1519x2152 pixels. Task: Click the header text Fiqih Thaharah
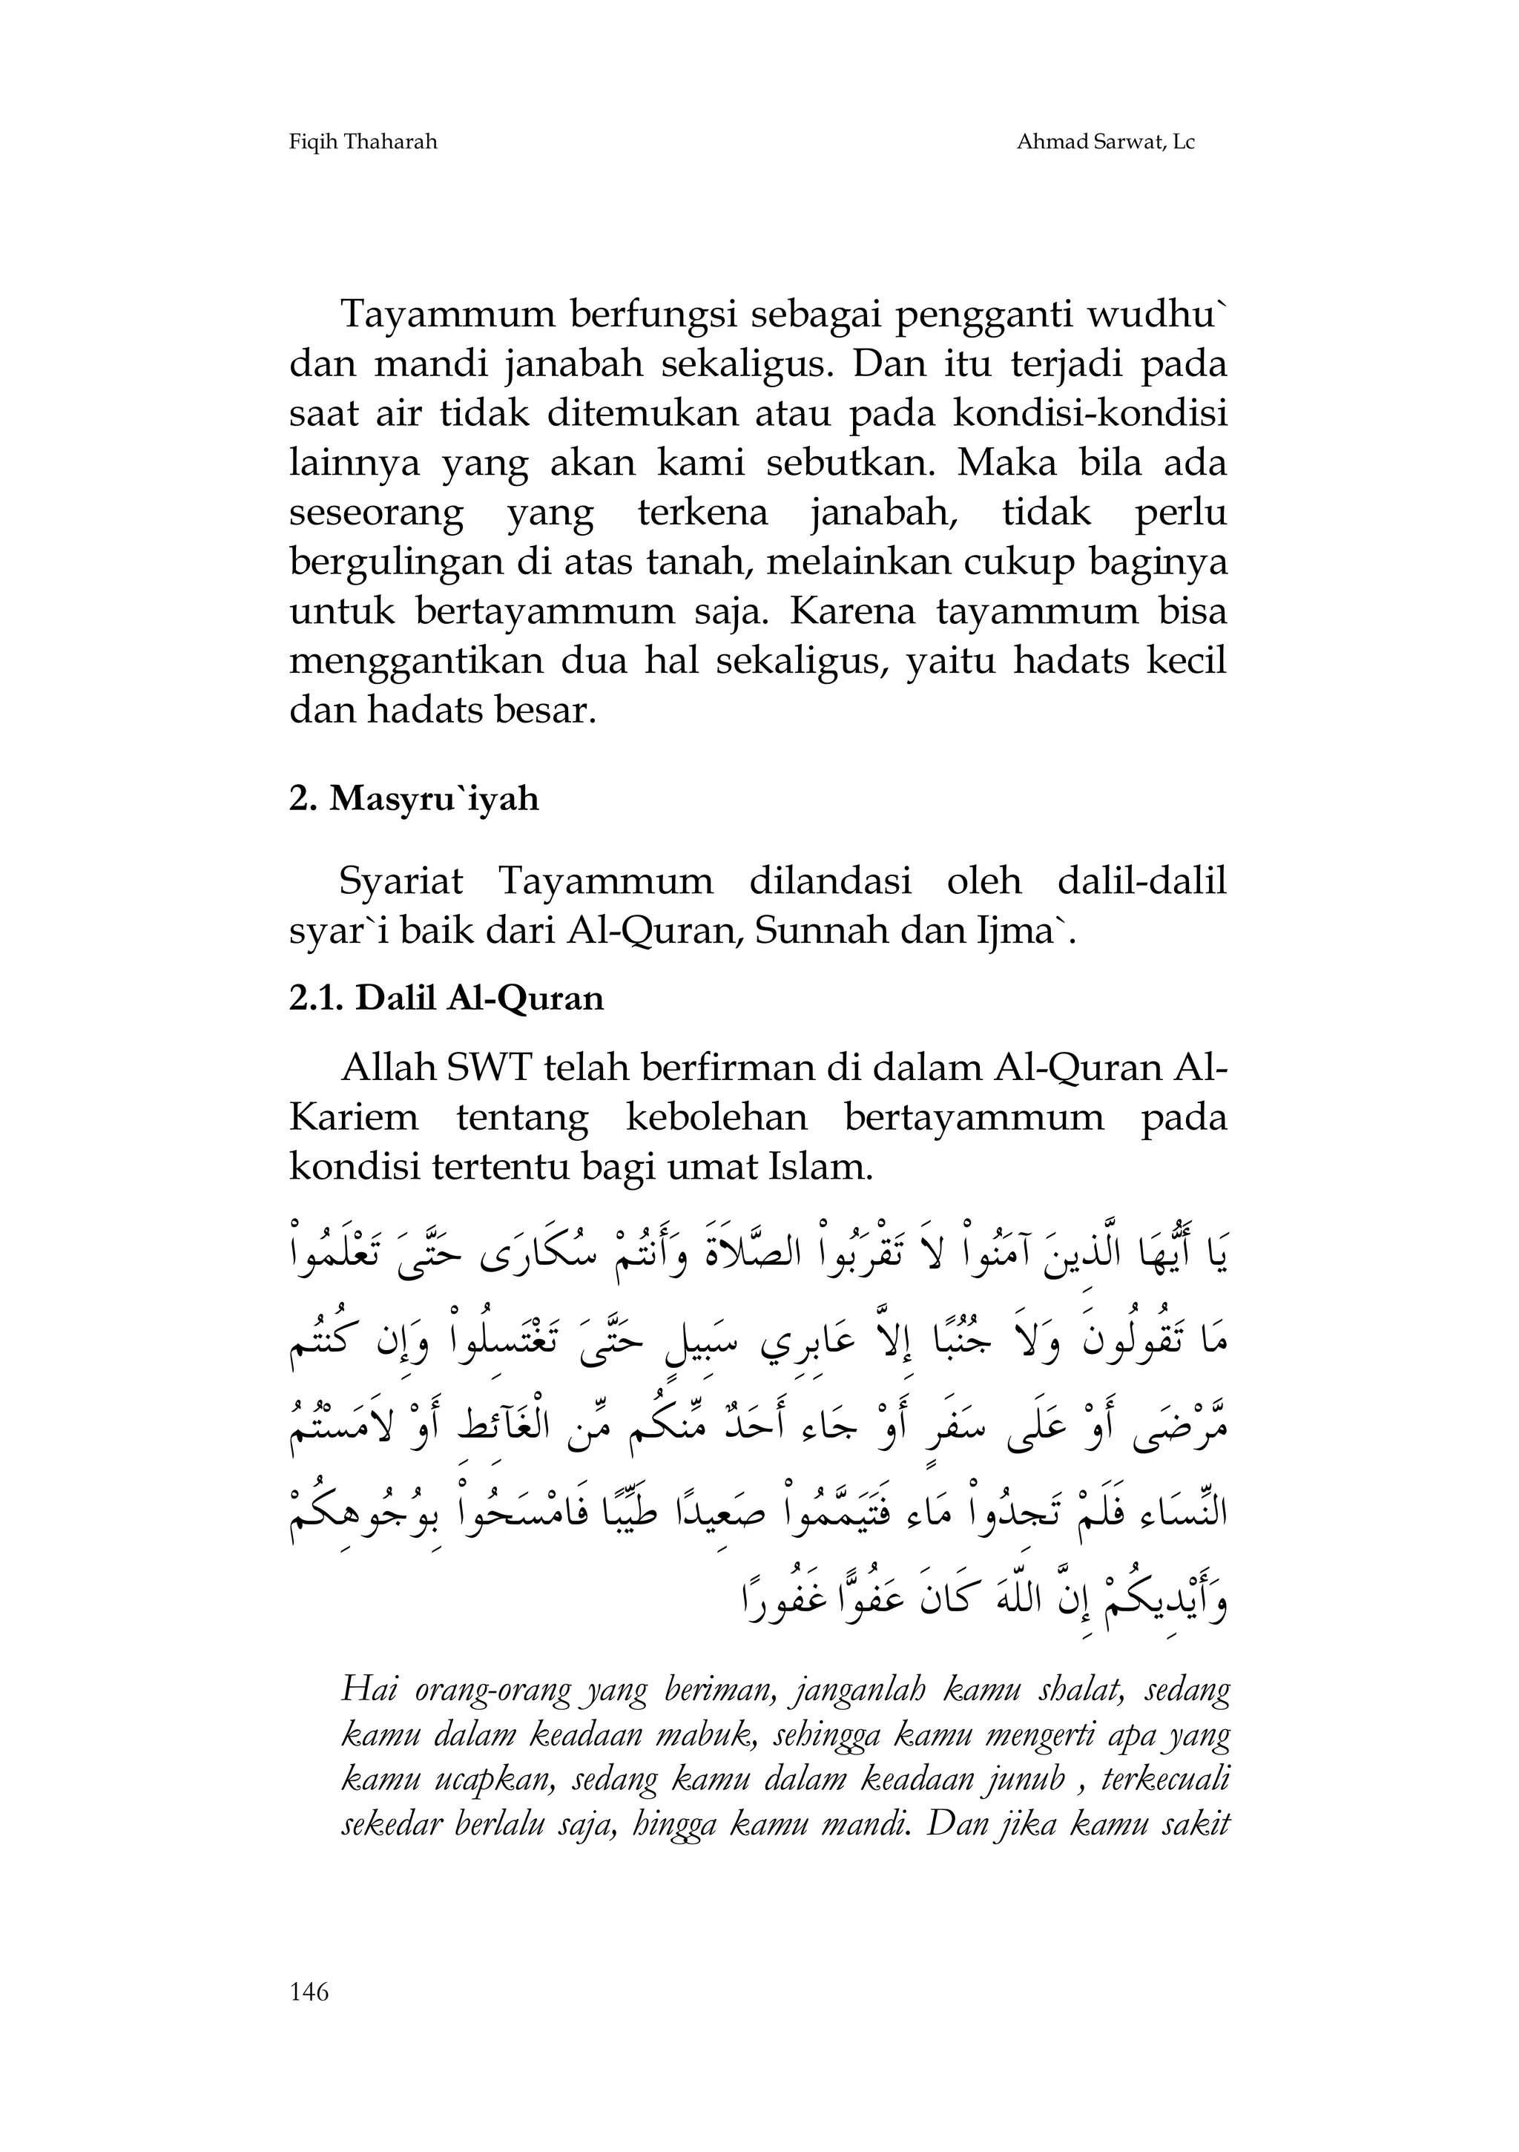pos(363,142)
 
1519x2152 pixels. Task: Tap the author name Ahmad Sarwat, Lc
pos(1106,142)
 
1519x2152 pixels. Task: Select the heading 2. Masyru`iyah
pos(414,799)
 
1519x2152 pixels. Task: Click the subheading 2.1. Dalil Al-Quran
pos(446,998)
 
